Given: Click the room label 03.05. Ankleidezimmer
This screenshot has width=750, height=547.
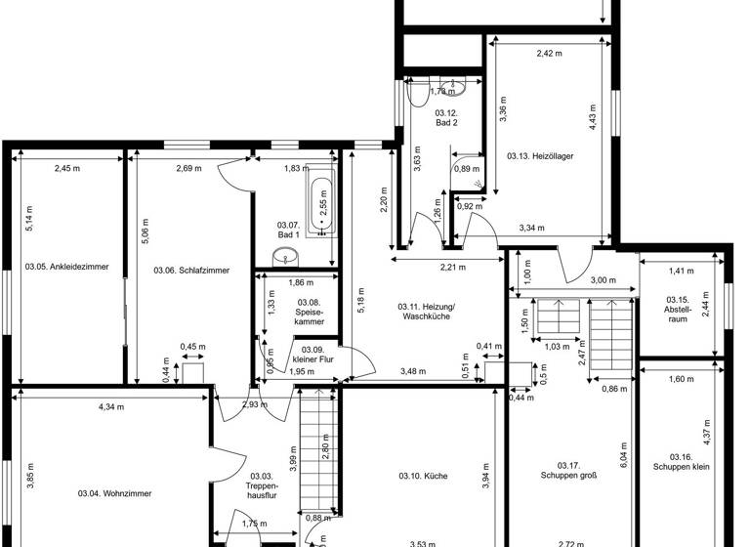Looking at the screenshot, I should pyautogui.click(x=66, y=267).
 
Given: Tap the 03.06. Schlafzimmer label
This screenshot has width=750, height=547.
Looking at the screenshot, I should pyautogui.click(x=191, y=270).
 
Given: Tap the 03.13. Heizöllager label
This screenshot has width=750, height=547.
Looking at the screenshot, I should pyautogui.click(x=539, y=156).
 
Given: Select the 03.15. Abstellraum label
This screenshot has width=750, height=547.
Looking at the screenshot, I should pyautogui.click(x=679, y=306).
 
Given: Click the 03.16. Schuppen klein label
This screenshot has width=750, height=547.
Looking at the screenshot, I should pyautogui.click(x=681, y=461).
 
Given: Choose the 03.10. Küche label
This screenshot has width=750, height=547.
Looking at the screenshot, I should pyautogui.click(x=423, y=476).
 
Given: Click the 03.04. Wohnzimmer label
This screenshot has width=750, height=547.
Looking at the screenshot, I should pyautogui.click(x=115, y=494).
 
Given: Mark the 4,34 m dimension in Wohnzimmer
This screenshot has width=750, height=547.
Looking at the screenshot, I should pyautogui.click(x=110, y=406).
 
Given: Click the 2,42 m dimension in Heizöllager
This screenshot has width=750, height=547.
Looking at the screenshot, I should pyautogui.click(x=550, y=54).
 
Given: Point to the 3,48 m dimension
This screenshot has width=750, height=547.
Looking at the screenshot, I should pyautogui.click(x=414, y=371).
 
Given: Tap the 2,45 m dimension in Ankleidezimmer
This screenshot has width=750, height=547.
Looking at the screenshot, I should pyautogui.click(x=66, y=168).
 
